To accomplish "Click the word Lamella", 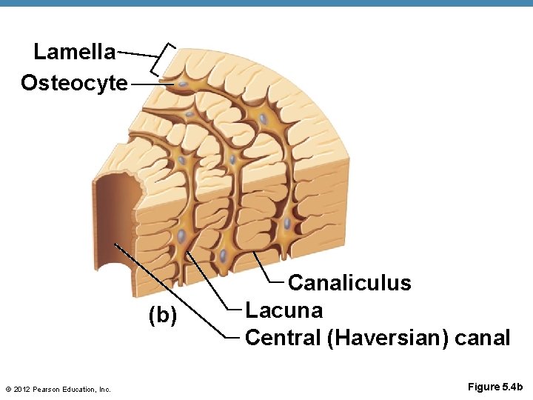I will click(x=74, y=52).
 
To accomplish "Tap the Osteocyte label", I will click(x=74, y=82).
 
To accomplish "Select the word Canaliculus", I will click(x=349, y=283).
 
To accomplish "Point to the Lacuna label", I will click(x=284, y=310).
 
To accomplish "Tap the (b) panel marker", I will click(x=163, y=316).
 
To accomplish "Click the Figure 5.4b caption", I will click(x=495, y=387).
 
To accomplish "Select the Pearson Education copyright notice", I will click(x=57, y=389).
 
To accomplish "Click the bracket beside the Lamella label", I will click(x=164, y=59).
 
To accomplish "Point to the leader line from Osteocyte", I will click(x=152, y=84).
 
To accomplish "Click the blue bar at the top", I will click(x=266, y=4).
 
